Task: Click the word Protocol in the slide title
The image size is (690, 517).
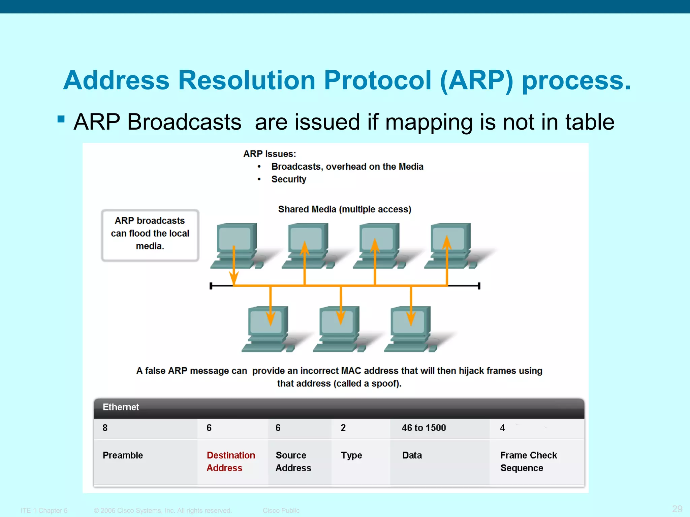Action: [377, 80]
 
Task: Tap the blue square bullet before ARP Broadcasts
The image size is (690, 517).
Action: [61, 119]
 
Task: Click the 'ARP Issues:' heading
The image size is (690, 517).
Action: [270, 154]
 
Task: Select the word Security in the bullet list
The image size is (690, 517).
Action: [289, 179]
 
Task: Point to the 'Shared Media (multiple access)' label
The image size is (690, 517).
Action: [344, 209]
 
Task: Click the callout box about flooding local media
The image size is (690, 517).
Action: [150, 235]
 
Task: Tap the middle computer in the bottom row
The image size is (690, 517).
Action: [339, 329]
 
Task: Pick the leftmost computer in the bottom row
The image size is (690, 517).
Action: [267, 329]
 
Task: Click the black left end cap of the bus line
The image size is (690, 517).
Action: [211, 286]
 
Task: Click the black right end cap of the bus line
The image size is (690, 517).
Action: [479, 286]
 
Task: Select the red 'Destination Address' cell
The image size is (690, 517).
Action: [231, 461]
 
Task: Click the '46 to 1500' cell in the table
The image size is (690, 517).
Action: [424, 428]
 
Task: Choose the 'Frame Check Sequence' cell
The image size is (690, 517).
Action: [528, 461]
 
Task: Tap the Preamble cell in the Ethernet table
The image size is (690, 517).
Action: [123, 455]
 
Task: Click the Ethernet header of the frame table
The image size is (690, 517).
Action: [121, 407]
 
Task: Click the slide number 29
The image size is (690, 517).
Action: [677, 509]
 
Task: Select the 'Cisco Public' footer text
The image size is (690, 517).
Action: [281, 510]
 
